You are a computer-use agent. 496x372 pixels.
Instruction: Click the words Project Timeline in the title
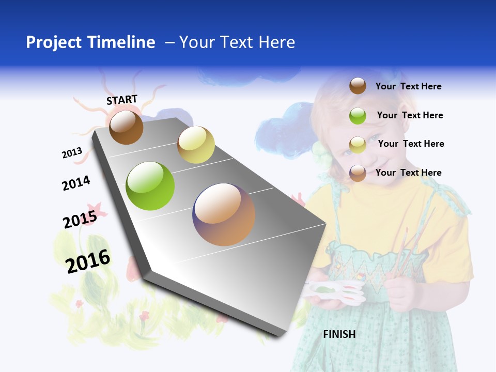(x=90, y=42)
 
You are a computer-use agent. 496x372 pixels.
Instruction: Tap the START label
(x=122, y=100)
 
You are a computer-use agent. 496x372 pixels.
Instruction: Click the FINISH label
(x=339, y=334)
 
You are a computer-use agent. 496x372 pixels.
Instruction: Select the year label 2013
(x=72, y=153)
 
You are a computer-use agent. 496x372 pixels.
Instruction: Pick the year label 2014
(x=76, y=183)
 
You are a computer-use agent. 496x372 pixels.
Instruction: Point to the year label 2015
(x=80, y=220)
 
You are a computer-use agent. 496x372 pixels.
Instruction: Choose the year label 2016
(x=88, y=261)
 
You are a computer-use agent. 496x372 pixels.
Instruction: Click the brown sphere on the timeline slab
(x=126, y=127)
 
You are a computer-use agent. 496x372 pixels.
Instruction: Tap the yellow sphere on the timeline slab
(x=196, y=145)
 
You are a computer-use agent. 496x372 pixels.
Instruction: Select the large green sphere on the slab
(x=150, y=186)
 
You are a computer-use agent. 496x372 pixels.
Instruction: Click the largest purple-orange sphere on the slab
(x=224, y=214)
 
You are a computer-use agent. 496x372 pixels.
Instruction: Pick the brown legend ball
(x=358, y=86)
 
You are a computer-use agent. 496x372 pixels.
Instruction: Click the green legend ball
(x=358, y=116)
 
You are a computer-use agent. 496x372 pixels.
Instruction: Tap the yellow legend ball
(x=358, y=145)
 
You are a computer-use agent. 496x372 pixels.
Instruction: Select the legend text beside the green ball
(x=410, y=115)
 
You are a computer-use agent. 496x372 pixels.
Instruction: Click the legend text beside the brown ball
(x=408, y=86)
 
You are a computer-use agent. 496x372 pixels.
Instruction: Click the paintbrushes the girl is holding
(x=408, y=248)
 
